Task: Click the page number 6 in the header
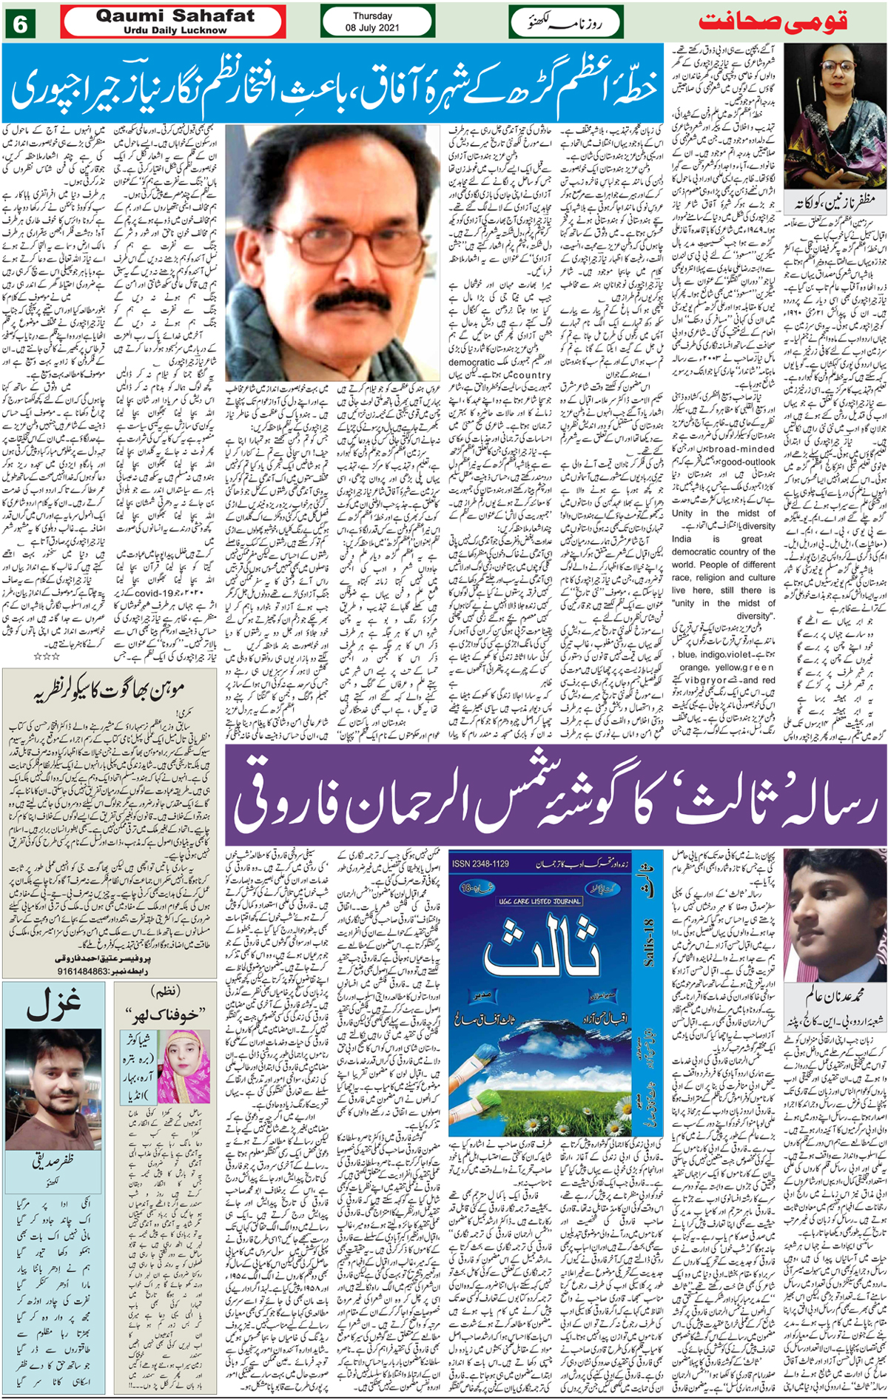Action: coord(20,24)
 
